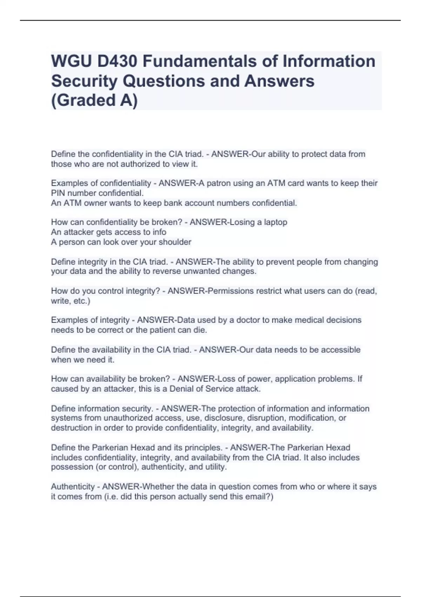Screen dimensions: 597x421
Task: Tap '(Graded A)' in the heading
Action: tap(94, 100)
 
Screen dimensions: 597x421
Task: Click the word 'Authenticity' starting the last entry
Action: tap(73, 487)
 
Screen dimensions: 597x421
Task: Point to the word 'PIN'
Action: tap(58, 193)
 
